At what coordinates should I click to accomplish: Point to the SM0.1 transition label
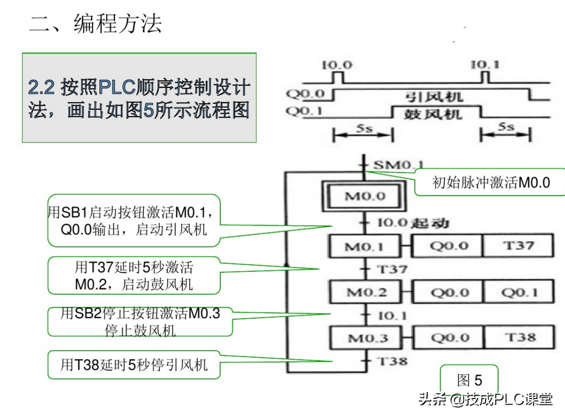[398, 165]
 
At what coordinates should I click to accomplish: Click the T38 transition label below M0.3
[392, 361]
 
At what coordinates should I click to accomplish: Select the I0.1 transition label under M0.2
[392, 316]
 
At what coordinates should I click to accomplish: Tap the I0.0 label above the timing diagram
[337, 65]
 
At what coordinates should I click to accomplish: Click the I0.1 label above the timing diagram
[485, 65]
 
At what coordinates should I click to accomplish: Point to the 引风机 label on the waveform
[434, 96]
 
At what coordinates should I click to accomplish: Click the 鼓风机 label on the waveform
[433, 114]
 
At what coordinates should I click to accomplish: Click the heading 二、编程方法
[95, 24]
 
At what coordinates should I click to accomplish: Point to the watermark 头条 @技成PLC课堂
[486, 399]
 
